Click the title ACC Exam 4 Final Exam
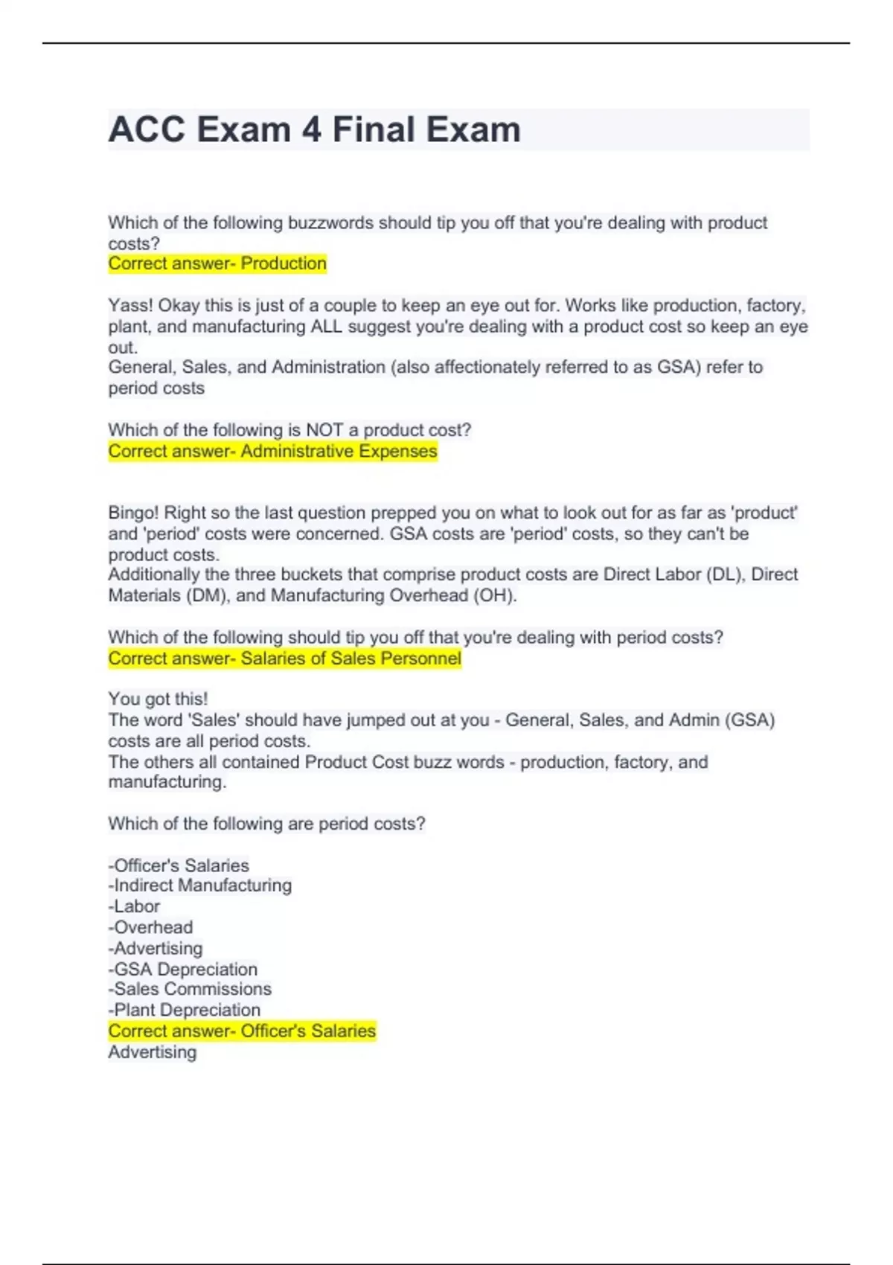(314, 129)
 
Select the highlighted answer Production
(284, 263)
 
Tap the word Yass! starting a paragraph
(130, 306)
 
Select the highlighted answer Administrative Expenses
(339, 452)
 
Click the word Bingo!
(133, 513)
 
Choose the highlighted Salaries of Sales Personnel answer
(351, 659)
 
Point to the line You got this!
(158, 699)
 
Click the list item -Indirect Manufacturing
(200, 885)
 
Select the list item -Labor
(135, 906)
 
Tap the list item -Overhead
(151, 927)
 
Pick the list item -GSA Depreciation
(183, 969)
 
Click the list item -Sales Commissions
(191, 989)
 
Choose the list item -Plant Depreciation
(185, 1010)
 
